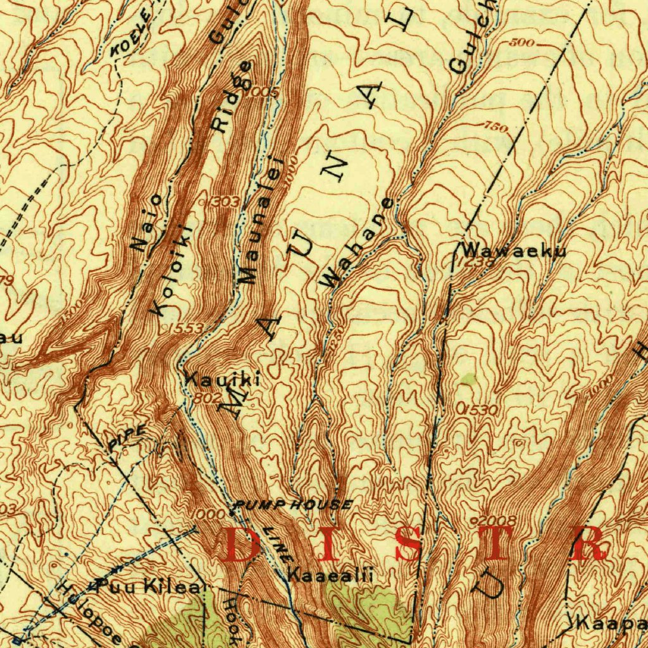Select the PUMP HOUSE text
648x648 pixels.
point(293,504)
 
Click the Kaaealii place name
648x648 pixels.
point(330,575)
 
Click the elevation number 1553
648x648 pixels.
point(185,328)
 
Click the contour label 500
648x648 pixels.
point(522,43)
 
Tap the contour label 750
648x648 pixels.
point(497,127)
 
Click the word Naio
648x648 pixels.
point(148,224)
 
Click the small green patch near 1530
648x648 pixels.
point(468,380)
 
